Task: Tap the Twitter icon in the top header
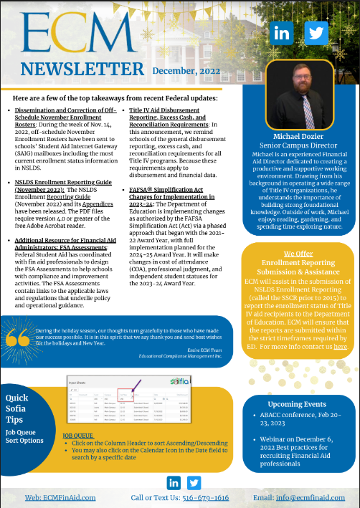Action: [316, 33]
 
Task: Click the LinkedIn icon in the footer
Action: [173, 482]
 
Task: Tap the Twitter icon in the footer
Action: [194, 482]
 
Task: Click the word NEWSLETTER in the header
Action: [82, 69]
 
